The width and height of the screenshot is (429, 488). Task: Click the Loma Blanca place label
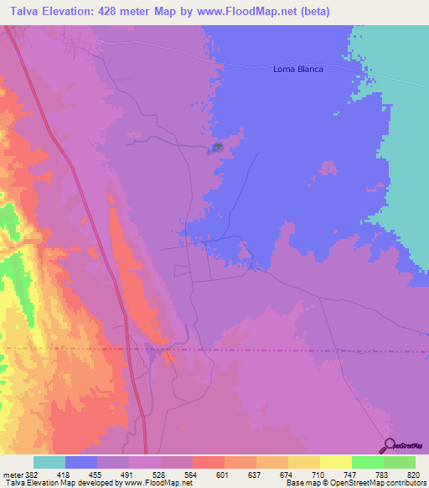point(298,70)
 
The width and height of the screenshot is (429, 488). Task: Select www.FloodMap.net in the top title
point(255,12)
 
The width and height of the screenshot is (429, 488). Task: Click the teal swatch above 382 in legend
point(49,462)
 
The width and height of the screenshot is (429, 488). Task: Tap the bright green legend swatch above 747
point(367,462)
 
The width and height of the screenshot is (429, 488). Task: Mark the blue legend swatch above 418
point(80,462)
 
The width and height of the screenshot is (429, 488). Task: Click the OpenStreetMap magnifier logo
point(388,445)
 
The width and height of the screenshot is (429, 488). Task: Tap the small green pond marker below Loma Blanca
point(217,148)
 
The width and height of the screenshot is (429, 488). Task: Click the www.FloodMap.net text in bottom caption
point(158,483)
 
